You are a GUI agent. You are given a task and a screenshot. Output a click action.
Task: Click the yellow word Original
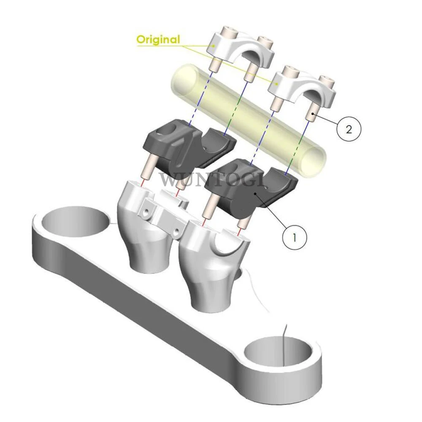tap(158, 40)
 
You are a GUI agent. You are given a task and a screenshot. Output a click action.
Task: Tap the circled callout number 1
tap(295, 238)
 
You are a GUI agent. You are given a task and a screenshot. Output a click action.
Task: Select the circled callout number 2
tap(349, 130)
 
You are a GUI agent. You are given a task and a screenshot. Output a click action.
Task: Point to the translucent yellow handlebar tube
tap(248, 121)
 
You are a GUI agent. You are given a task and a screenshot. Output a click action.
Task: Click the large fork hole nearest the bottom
tap(279, 354)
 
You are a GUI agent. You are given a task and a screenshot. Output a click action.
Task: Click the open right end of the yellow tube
tap(314, 163)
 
